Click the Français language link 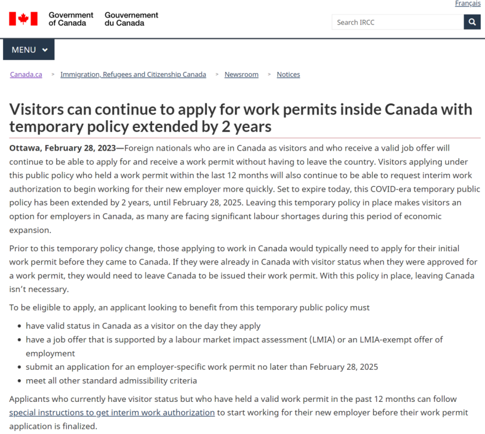point(468,4)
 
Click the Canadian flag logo point(23,19)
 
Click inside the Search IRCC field point(397,22)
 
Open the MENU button point(29,50)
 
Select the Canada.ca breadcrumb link point(26,75)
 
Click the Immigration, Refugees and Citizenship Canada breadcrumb point(133,75)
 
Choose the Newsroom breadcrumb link point(241,75)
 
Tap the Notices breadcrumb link point(288,75)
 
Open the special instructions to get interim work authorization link point(112,412)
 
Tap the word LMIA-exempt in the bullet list point(386,339)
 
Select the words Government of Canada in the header point(71,19)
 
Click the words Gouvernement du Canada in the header point(131,19)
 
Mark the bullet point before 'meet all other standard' point(19,381)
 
